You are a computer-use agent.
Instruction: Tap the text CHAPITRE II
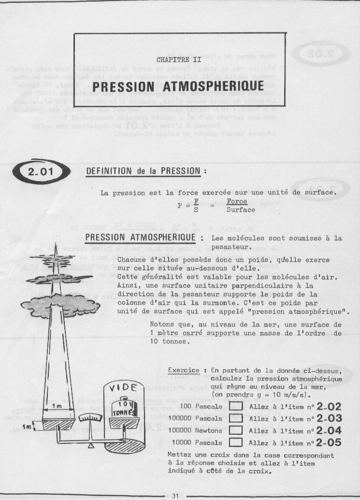(179, 60)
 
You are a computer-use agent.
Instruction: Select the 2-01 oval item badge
(40, 171)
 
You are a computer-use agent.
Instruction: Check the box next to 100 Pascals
(236, 407)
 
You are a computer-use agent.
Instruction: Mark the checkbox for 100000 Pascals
(236, 418)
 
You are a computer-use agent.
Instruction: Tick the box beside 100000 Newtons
(236, 430)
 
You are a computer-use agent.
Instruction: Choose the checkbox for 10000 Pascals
(236, 442)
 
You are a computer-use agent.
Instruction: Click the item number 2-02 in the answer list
(329, 406)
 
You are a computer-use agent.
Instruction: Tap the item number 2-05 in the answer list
(329, 441)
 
